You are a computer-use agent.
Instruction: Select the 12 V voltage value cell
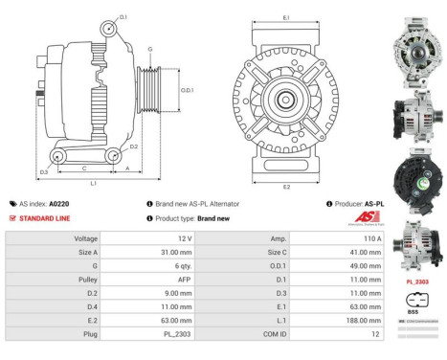186,236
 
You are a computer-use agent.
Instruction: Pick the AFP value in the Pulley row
184,280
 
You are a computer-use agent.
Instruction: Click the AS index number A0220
58,204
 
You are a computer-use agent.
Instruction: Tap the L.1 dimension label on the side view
91,182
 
